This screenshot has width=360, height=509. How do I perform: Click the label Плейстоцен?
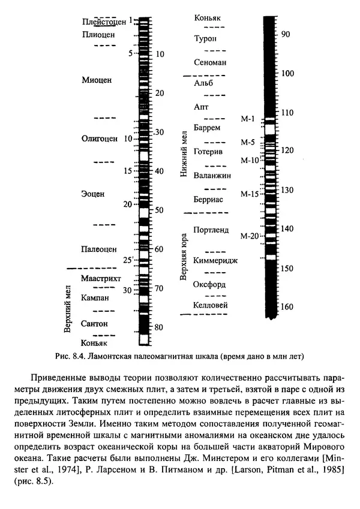104,22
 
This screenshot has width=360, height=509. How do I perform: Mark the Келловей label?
211,305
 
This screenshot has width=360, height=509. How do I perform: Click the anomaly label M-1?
248,118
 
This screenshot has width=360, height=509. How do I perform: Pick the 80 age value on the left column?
159,327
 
